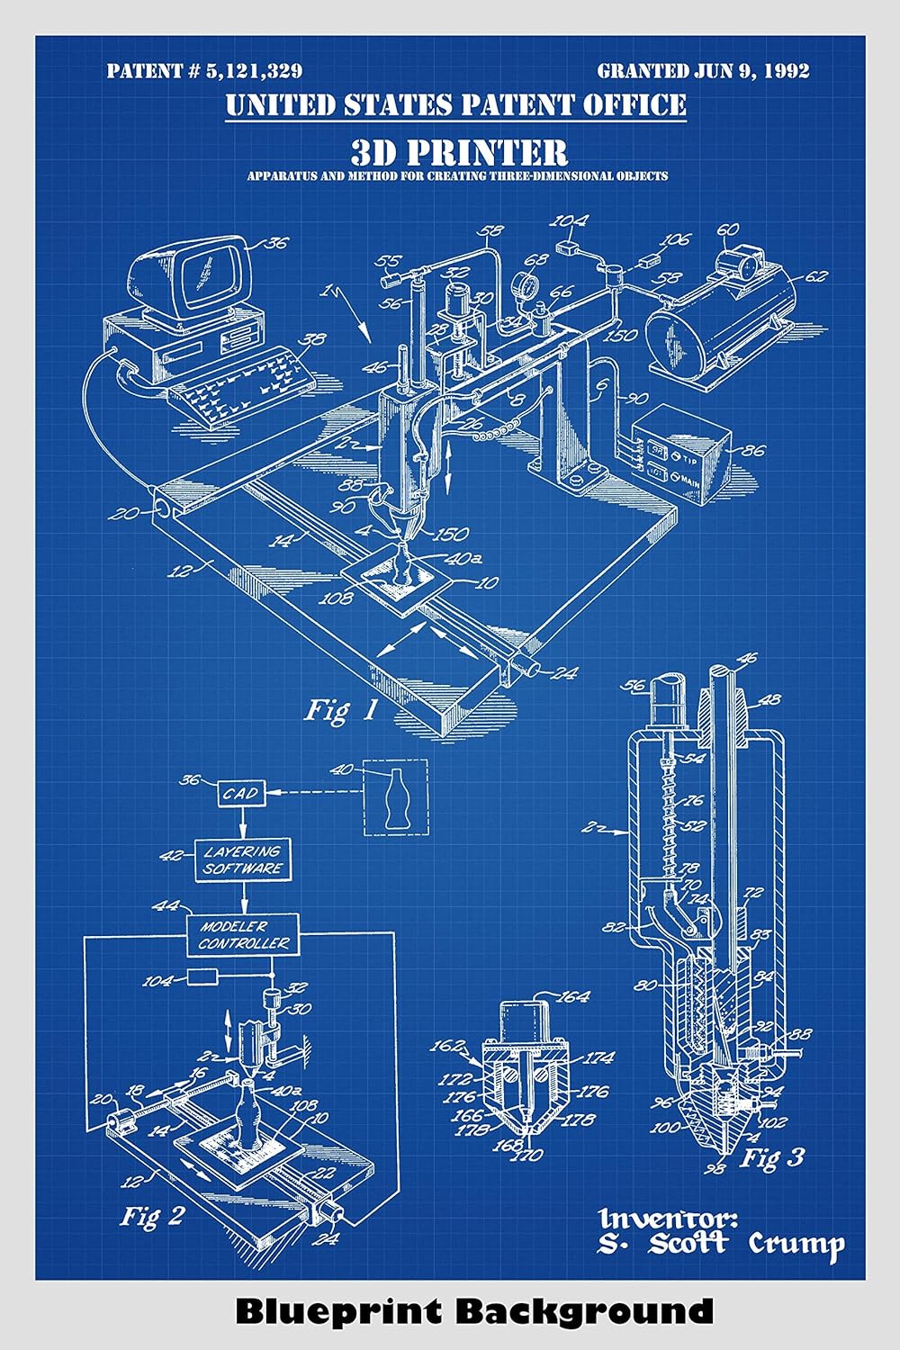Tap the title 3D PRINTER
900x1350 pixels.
point(458,151)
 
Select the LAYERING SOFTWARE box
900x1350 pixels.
point(242,860)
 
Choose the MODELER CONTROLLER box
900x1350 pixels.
point(244,935)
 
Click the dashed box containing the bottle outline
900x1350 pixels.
point(395,797)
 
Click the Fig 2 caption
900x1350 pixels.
point(152,1217)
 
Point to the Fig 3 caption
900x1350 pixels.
point(771,1157)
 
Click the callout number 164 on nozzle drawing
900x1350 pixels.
point(573,996)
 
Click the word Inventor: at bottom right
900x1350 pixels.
point(668,1219)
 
